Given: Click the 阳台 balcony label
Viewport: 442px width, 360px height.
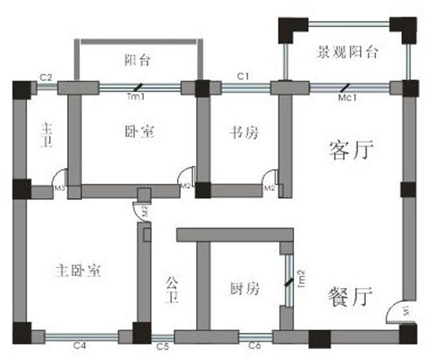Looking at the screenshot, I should tap(138, 61).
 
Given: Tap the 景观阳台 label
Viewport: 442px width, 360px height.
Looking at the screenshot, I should tap(347, 53).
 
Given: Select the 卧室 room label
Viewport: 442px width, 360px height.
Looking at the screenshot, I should tap(139, 132).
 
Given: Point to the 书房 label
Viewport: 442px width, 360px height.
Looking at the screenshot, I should tap(244, 132).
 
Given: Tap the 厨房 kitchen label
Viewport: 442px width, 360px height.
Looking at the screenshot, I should tap(244, 290).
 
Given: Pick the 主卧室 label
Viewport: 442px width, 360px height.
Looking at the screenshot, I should tap(78, 271).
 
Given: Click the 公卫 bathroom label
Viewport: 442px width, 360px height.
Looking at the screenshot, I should tap(173, 291).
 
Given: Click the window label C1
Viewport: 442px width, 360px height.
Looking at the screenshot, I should tap(244, 75).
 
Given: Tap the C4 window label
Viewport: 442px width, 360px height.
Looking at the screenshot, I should tap(80, 345).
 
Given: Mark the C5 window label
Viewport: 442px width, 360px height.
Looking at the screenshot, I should tap(163, 345).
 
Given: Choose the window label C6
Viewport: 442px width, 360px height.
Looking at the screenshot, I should tap(255, 345).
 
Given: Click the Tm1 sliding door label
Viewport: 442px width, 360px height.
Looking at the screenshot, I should tap(136, 97).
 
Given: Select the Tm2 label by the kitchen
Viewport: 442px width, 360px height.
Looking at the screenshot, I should tap(301, 278).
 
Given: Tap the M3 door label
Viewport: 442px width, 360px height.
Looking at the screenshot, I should tap(60, 188).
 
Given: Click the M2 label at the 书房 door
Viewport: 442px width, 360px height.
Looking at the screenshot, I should tap(271, 187).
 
